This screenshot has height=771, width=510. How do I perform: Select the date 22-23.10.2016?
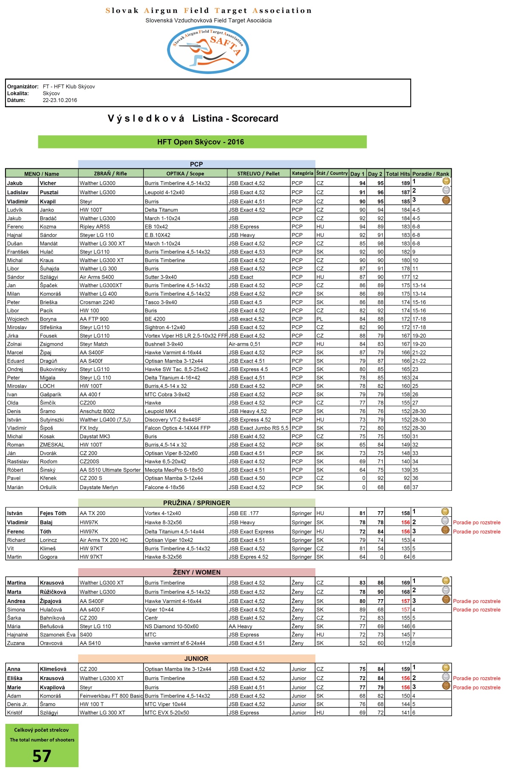pos(60,100)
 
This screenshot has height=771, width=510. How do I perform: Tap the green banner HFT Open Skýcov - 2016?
pos(202,142)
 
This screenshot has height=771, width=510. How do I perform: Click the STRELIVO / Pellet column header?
pos(258,174)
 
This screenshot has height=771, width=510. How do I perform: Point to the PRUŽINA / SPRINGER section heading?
pos(196,503)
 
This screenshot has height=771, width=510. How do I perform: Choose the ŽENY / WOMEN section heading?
pos(196,572)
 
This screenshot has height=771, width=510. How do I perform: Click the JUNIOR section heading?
pos(196,659)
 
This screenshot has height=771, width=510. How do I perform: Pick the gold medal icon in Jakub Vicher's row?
pos(446,182)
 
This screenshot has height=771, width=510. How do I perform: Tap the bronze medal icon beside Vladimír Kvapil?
pos(446,200)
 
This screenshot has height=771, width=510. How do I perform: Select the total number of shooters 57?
pos(42,756)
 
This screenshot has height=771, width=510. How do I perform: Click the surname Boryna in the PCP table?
pos(48,319)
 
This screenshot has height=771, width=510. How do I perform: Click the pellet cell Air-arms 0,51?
pos(244,344)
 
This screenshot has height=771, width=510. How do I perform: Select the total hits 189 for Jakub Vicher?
pos(405,183)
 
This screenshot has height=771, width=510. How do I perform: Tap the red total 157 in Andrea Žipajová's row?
pos(405,601)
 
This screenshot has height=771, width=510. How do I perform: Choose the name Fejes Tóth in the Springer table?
pos(53,513)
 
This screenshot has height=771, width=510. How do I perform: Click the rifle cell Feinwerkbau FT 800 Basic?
pos(111,696)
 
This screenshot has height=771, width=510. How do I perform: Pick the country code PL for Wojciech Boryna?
pos(320,319)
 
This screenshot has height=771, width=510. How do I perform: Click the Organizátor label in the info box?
pos(23,87)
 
